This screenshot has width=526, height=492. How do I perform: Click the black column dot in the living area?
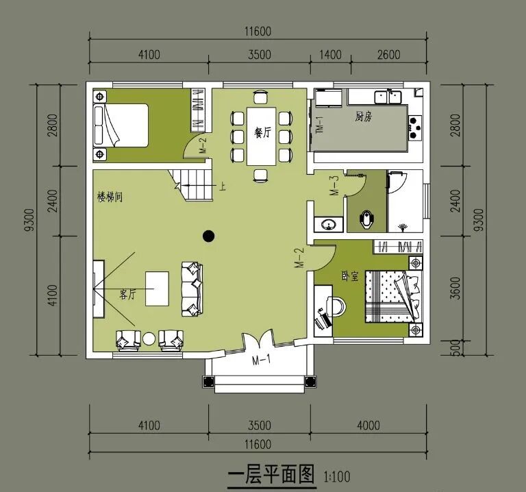click(209, 236)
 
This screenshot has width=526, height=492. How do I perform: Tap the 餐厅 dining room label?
click(262, 133)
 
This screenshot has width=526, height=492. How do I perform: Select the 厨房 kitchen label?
click(364, 116)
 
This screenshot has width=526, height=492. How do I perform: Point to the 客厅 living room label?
click(128, 295)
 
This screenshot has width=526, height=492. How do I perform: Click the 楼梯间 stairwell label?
click(110, 197)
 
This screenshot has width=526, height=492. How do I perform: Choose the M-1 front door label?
click(262, 360)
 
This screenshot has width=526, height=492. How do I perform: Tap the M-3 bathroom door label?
click(334, 186)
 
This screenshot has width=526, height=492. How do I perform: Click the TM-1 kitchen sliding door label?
click(320, 125)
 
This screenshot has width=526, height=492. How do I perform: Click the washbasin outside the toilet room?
click(328, 224)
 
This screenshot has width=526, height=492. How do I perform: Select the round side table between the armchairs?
click(149, 339)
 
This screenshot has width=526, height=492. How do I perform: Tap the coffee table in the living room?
click(157, 288)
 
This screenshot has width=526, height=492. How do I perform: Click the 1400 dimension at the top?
click(330, 55)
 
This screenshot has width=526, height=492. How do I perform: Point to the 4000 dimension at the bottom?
click(368, 426)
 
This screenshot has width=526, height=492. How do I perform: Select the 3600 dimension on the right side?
click(455, 288)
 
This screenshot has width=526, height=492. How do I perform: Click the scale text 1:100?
click(337, 476)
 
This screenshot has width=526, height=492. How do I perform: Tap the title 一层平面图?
click(271, 474)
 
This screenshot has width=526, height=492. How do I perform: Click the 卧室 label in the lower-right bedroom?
click(350, 276)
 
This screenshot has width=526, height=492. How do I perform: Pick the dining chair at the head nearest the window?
click(261, 97)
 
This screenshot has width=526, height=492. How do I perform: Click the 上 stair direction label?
click(222, 186)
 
